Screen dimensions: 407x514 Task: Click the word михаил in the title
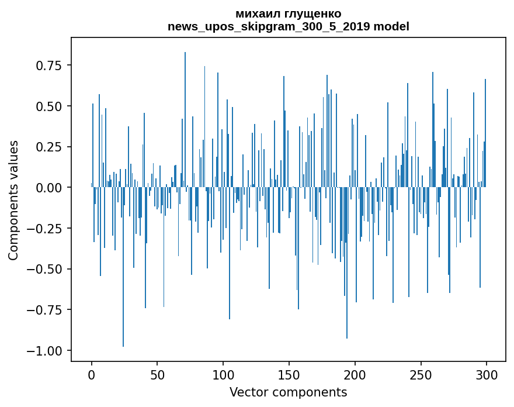[255, 13]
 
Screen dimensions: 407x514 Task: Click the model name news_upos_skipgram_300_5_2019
[269, 26]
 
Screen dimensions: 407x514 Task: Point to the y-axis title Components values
[13, 200]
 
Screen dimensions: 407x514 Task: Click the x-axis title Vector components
[288, 392]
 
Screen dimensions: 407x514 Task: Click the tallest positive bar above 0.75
[185, 117]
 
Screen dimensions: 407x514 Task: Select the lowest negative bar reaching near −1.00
[123, 269]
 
